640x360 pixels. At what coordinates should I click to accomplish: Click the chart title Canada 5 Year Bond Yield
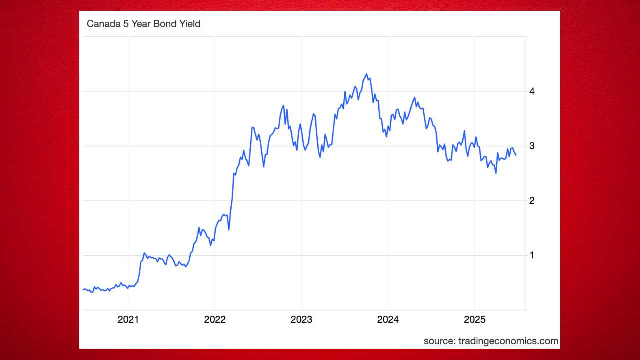(x=143, y=24)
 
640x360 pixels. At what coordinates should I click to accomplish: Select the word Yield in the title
(x=190, y=24)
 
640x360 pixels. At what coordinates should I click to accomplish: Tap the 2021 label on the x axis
(x=128, y=319)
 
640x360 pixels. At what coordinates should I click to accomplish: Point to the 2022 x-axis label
(x=214, y=319)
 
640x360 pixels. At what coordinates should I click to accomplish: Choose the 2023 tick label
(x=301, y=319)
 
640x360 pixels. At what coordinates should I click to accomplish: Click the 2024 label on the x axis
(x=388, y=319)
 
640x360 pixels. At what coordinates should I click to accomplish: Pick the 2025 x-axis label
(x=474, y=319)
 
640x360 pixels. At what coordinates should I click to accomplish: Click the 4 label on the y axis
(x=532, y=91)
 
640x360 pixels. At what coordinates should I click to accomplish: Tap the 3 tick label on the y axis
(x=532, y=146)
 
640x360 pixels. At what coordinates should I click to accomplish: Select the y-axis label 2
(x=532, y=200)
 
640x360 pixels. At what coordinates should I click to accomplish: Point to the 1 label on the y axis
(x=532, y=255)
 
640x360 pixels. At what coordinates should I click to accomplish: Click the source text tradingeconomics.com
(x=491, y=341)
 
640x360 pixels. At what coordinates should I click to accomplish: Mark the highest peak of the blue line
(x=367, y=74)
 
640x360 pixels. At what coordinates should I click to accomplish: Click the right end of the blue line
(x=516, y=155)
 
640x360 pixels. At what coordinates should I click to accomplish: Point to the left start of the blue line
(x=83, y=289)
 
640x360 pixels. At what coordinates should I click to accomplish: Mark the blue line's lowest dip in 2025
(x=496, y=173)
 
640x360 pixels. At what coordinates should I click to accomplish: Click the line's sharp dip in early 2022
(x=229, y=229)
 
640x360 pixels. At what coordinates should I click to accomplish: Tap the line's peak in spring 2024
(x=414, y=98)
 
